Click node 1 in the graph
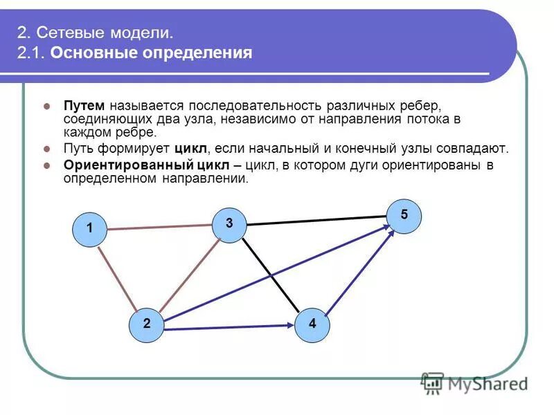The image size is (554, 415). (90, 229)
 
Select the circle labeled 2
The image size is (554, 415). (147, 324)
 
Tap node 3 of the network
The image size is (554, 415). (229, 224)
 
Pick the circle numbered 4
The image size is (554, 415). (312, 324)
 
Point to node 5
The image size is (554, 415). (404, 216)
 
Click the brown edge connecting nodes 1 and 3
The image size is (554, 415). (159, 226)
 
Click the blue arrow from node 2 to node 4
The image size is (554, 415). (229, 326)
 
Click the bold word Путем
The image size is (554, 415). (84, 106)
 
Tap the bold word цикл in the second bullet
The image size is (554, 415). (190, 148)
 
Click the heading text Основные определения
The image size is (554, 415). (150, 53)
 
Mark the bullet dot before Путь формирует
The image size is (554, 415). (47, 149)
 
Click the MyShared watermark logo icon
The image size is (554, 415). (432, 382)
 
